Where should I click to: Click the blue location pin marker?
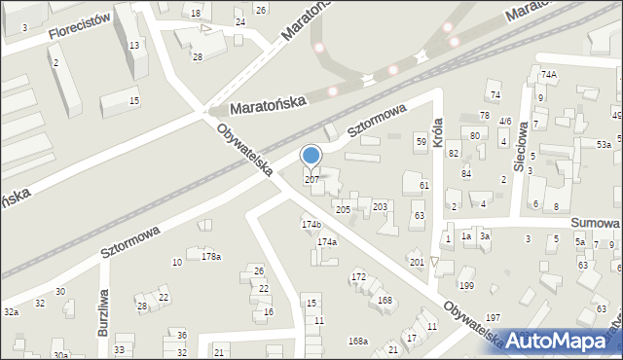pos(311,157)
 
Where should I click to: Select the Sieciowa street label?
pos(522,147)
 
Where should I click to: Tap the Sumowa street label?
pos(596,223)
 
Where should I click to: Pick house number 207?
pos(311,180)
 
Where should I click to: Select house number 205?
pos(343,209)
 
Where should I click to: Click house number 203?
pos(380,206)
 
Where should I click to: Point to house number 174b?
pos(311,225)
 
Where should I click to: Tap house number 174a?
pos(327,241)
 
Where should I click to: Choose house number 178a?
pos(210,257)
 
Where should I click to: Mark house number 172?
pos(358,277)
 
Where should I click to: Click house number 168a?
pos(358,341)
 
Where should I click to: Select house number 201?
pos(417,262)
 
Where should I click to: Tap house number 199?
pos(466,285)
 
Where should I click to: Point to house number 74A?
pos(549,74)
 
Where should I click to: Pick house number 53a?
pos(604,144)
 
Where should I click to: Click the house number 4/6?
pos(504,122)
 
